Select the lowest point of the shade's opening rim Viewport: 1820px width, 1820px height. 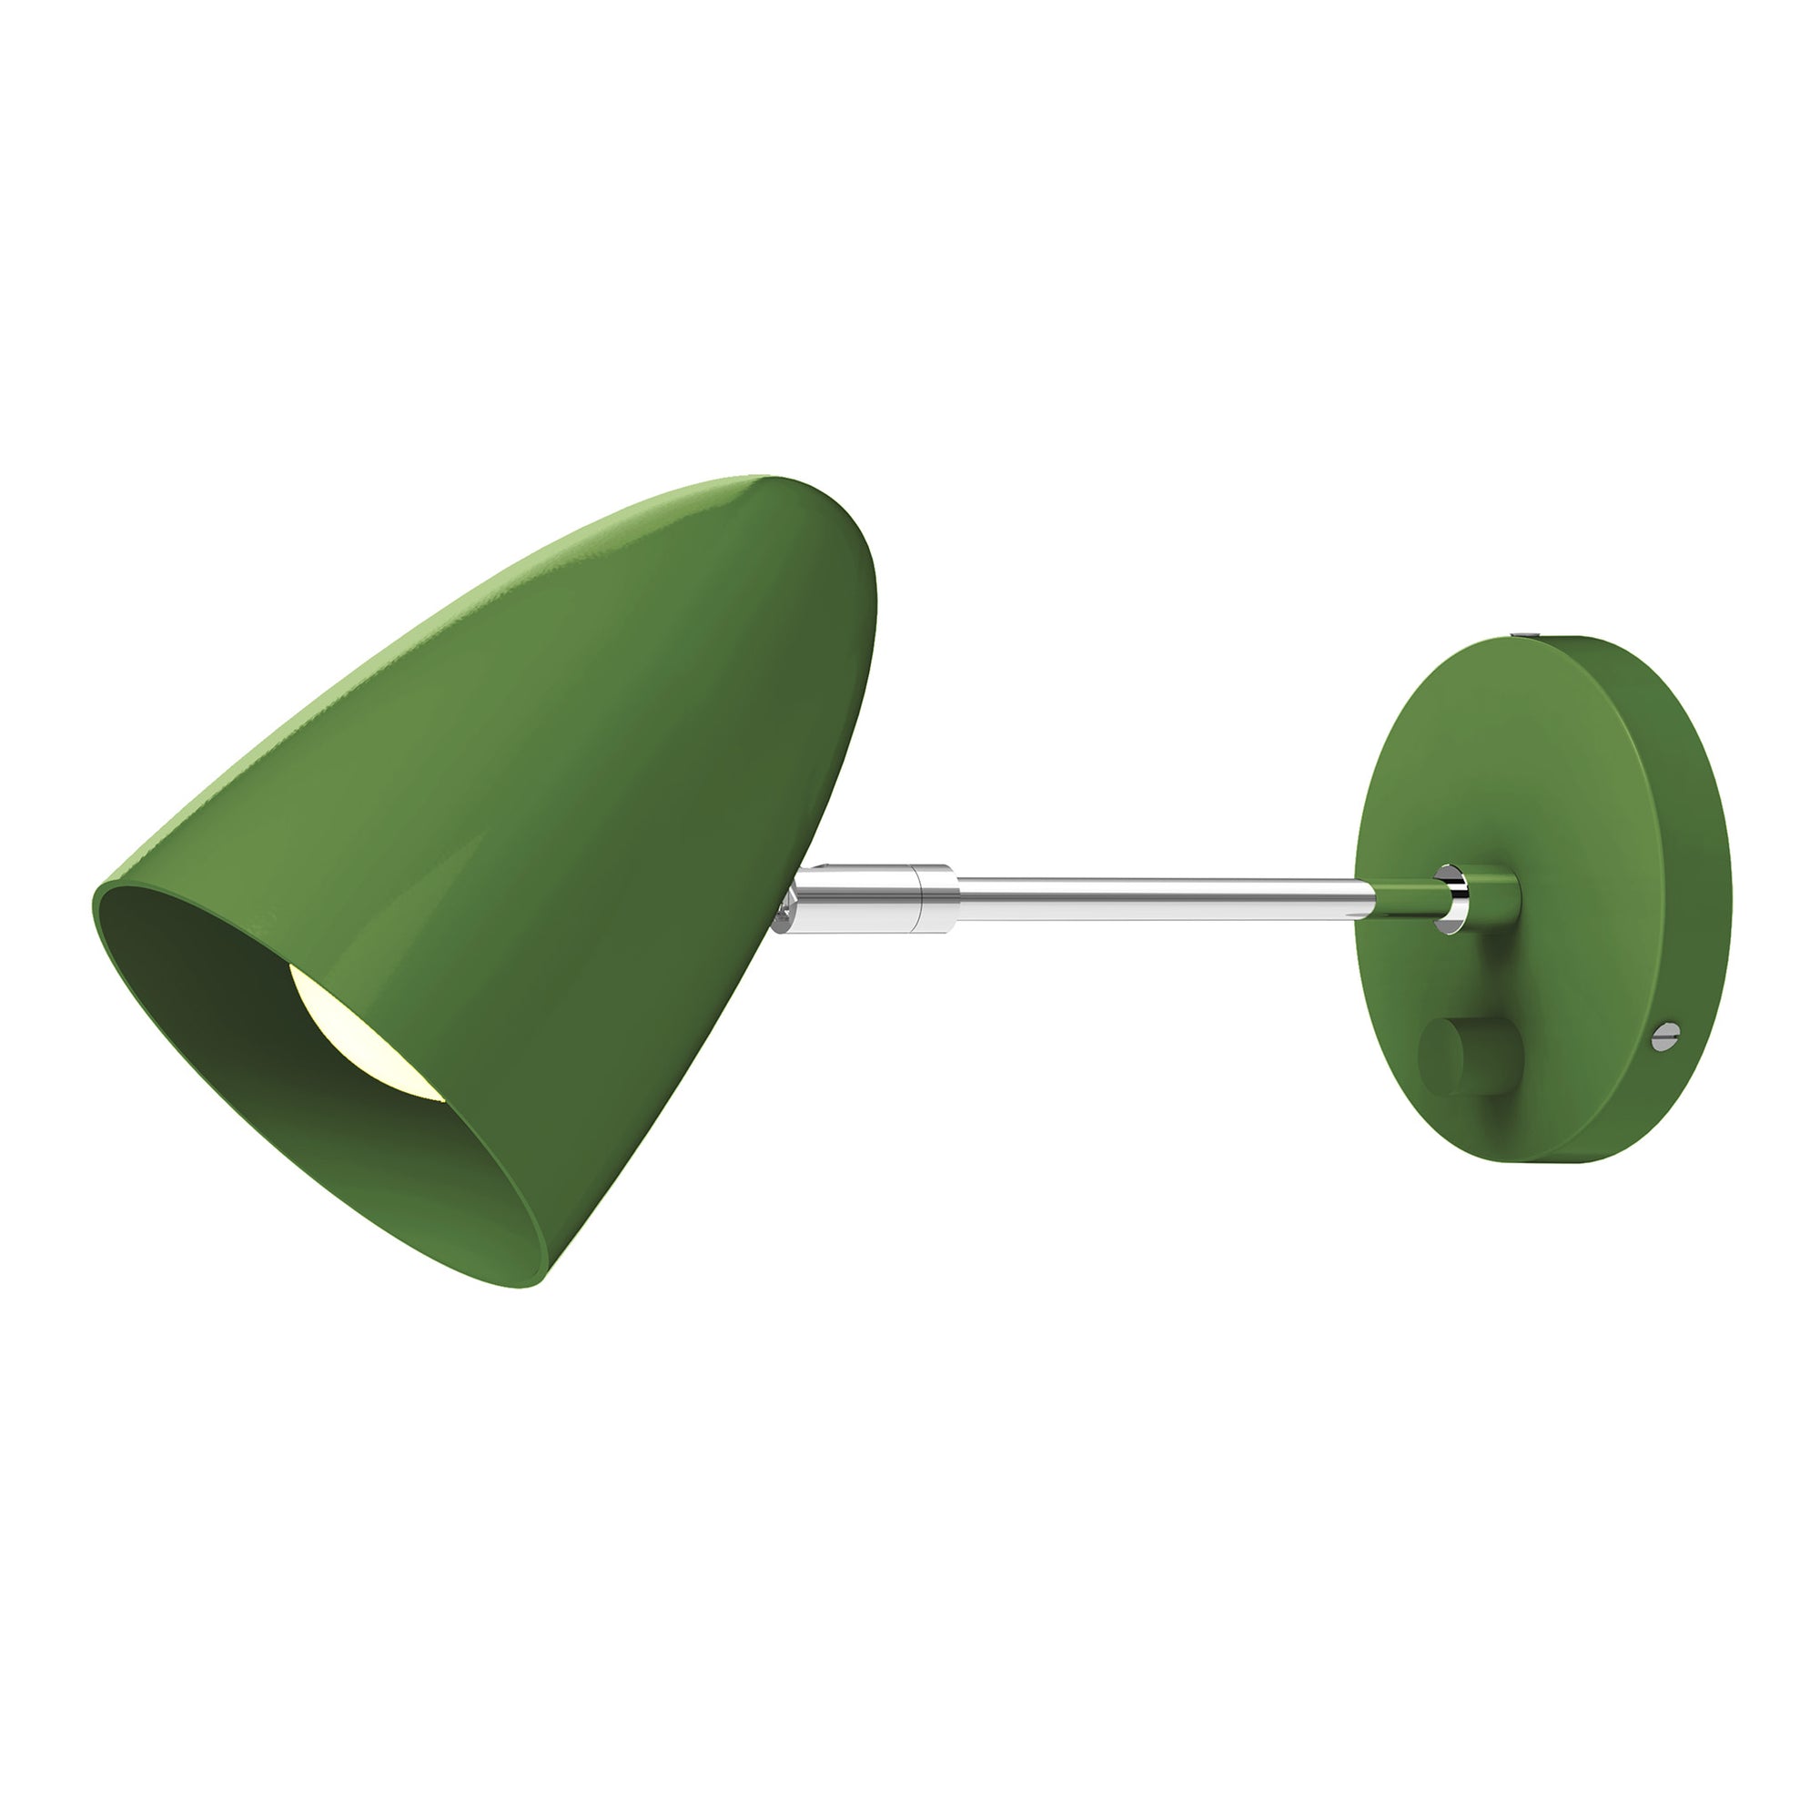pyautogui.click(x=532, y=1287)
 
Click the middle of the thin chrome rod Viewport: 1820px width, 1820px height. pyautogui.click(x=1158, y=897)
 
